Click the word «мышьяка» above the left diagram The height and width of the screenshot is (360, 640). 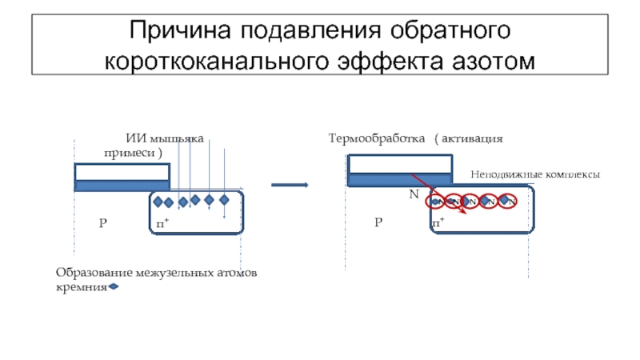[x=180, y=140]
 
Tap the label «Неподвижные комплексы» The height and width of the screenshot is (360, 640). [x=534, y=174]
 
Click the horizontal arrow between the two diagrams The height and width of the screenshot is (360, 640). [x=290, y=185]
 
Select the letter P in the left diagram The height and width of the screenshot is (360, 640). [x=102, y=222]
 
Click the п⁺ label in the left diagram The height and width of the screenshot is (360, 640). [x=162, y=222]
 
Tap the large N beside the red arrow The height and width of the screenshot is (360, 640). [x=414, y=194]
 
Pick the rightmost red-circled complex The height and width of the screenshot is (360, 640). [x=506, y=201]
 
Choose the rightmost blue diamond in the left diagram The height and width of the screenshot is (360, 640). [x=224, y=199]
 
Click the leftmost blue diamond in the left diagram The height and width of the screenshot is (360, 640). [x=158, y=202]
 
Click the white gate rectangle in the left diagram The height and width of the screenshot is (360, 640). [x=122, y=172]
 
